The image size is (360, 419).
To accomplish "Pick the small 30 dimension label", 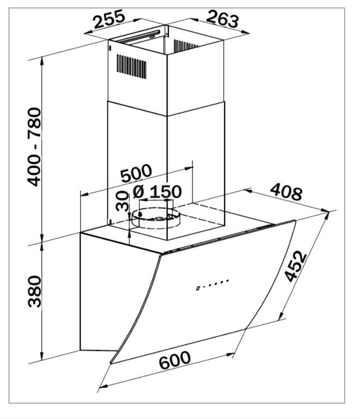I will tap(122, 202).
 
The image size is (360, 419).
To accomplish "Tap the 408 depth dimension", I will tap(286, 193).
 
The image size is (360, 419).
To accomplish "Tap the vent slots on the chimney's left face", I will tap(131, 67).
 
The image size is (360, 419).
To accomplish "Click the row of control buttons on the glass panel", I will tap(212, 284).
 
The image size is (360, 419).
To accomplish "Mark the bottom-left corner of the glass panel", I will tap(111, 363).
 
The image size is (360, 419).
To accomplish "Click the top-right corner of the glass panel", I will tap(295, 221).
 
